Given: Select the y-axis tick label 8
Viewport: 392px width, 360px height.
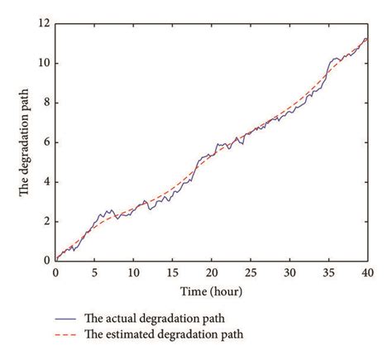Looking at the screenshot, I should [46, 103].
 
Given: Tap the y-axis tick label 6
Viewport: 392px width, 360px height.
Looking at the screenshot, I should [46, 142].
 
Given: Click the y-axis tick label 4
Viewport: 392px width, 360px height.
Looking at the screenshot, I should [46, 182].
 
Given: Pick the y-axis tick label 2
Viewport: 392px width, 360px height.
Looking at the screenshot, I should [46, 221].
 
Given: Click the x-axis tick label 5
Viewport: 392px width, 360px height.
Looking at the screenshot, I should [94, 271].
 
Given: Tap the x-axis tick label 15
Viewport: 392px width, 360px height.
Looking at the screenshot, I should [172, 271].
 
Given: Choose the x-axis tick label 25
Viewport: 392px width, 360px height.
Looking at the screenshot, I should [250, 271].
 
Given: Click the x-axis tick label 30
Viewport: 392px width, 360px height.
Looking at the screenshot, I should [289, 271].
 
